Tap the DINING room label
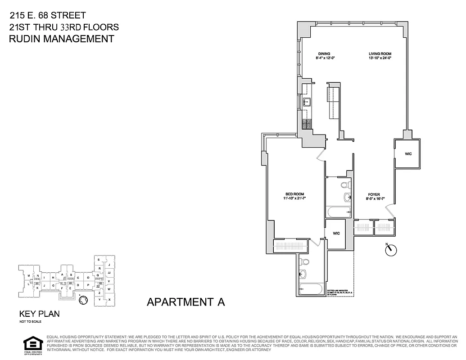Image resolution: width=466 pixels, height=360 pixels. (324, 54)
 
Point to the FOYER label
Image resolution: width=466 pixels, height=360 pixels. (373, 194)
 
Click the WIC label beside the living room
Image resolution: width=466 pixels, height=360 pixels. (408, 154)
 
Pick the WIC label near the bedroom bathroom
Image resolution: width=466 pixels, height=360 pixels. (336, 234)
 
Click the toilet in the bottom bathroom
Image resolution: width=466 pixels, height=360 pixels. (305, 261)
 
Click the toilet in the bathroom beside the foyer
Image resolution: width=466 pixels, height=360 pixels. (345, 184)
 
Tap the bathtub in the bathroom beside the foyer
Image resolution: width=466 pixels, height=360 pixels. (338, 212)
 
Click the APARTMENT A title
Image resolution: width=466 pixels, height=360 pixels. (185, 302)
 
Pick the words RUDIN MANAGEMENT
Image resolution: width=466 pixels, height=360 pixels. (62, 39)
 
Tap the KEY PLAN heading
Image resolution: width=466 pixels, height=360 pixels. (39, 314)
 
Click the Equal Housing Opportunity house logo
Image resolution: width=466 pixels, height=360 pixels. (32, 344)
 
